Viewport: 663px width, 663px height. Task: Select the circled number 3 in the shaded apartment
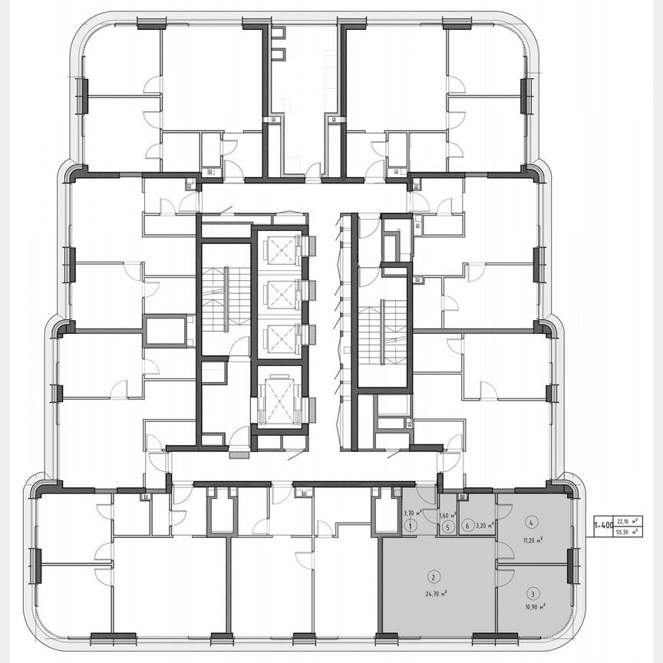(532, 592)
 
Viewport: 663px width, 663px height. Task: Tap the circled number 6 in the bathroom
(467, 526)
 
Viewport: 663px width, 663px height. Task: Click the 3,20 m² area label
(483, 526)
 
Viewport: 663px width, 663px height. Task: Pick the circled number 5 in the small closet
(446, 526)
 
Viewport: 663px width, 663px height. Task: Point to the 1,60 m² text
(448, 516)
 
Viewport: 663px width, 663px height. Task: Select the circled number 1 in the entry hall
(411, 526)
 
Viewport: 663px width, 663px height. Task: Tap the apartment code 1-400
(603, 526)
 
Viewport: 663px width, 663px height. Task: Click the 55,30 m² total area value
(629, 531)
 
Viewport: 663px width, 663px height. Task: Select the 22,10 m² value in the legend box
(629, 520)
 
